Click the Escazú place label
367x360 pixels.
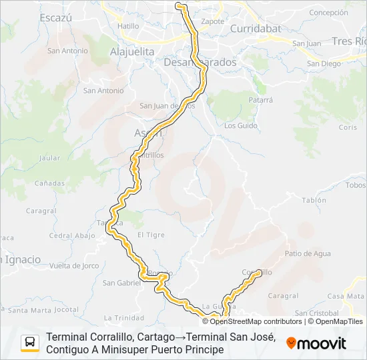click(55, 18)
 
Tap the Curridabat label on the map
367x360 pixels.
click(257, 29)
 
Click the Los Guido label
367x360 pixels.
click(241, 125)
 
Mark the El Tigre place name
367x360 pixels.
click(150, 235)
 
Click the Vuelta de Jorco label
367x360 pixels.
click(74, 266)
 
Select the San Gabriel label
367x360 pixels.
click(121, 283)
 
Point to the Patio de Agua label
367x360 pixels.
click(308, 253)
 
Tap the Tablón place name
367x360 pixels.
click(314, 200)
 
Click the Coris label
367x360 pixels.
click(348, 127)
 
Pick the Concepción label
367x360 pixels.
click(329, 13)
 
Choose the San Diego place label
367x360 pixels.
click(324, 64)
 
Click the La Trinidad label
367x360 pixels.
click(124, 317)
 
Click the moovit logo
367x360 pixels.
click(316, 344)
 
